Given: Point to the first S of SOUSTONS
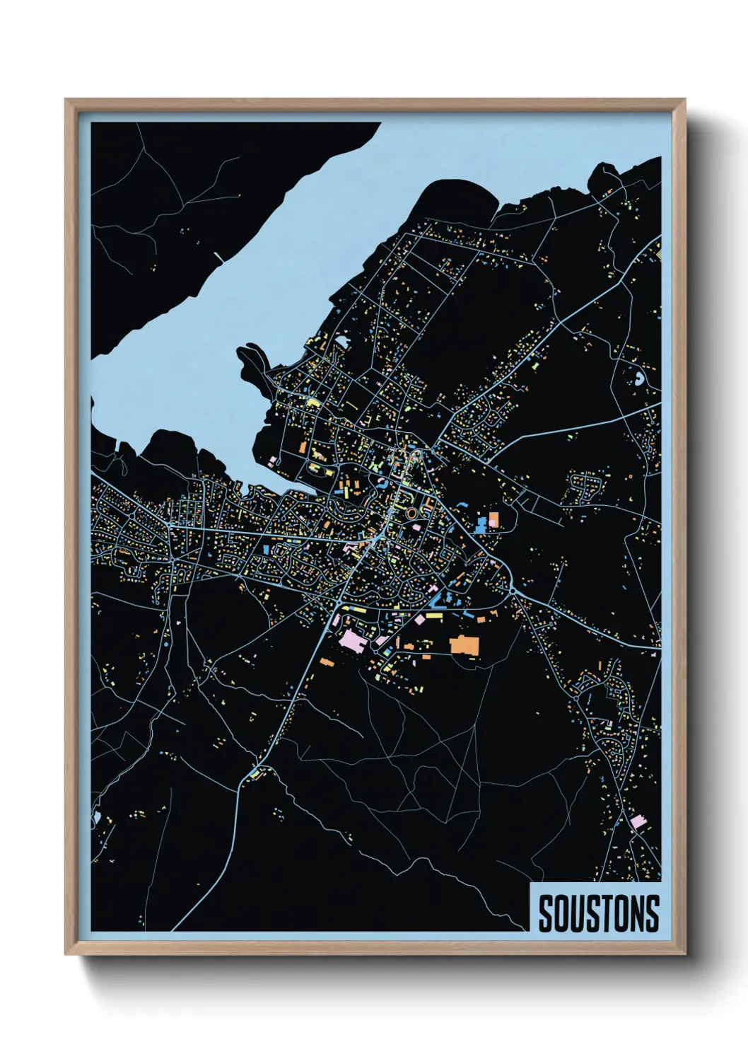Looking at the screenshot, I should pos(545,913).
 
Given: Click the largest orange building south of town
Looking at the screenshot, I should pos(464,645).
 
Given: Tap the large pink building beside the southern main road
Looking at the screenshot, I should pos(351,642).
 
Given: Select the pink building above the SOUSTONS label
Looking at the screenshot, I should pos(638,821).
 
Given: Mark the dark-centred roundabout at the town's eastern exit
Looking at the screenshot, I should pos(513,590).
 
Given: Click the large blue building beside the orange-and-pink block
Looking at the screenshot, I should pos(482,524).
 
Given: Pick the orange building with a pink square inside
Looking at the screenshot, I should pos(493,520).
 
